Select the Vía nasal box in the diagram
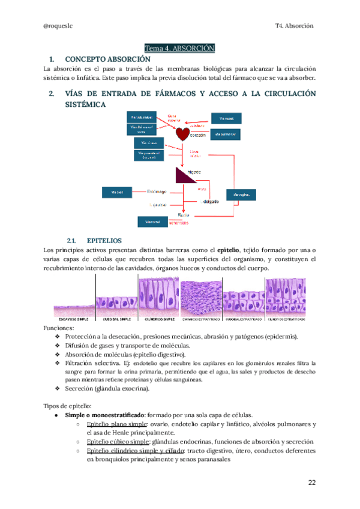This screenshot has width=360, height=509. click(225, 118)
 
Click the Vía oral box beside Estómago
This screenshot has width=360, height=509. click(118, 193)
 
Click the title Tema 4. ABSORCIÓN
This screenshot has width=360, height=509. click(179, 47)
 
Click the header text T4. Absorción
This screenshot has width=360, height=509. click(294, 26)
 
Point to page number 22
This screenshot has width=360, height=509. click(311, 483)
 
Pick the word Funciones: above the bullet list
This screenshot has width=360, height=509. click(60, 328)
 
